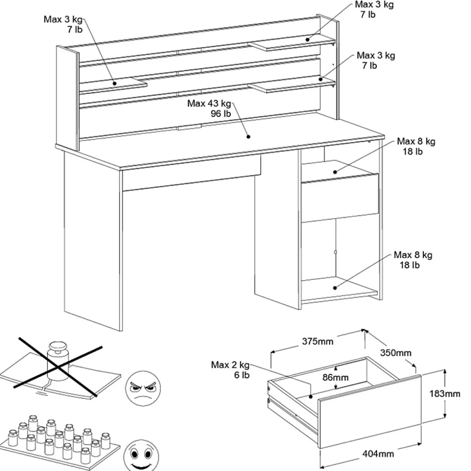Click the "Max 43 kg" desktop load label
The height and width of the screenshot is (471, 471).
pyautogui.click(x=209, y=104)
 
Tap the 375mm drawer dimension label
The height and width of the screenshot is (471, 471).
pyautogui.click(x=318, y=341)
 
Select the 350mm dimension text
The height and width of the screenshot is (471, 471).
pyautogui.click(x=395, y=353)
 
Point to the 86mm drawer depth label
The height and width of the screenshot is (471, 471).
pyautogui.click(x=335, y=378)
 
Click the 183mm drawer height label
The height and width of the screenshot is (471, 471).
pyautogui.click(x=445, y=393)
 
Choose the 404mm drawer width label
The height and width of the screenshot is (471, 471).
pyautogui.click(x=378, y=454)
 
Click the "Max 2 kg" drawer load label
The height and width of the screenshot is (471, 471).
pyautogui.click(x=230, y=365)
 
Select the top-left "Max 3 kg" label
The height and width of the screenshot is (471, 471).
pyautogui.click(x=63, y=19)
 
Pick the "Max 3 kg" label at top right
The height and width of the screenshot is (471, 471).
pyautogui.click(x=374, y=4)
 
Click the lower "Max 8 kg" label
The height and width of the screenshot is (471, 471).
pyautogui.click(x=413, y=255)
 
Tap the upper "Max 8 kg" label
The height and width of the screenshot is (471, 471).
pyautogui.click(x=416, y=142)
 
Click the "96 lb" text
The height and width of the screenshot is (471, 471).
pyautogui.click(x=220, y=114)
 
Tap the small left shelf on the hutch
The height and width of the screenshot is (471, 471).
pyautogui.click(x=115, y=83)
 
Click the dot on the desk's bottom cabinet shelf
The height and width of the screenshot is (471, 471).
pyautogui.click(x=335, y=288)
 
